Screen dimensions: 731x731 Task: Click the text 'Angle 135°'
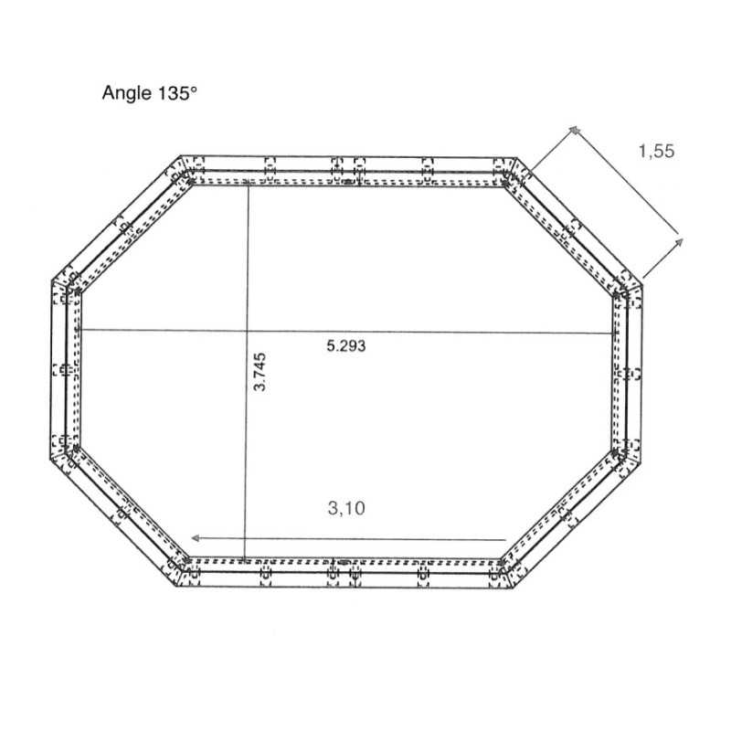click(150, 92)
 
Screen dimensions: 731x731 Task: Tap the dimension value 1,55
click(655, 152)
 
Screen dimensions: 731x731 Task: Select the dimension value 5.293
click(346, 345)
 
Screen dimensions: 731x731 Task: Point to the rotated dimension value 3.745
click(260, 371)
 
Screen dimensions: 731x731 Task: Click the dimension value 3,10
click(348, 508)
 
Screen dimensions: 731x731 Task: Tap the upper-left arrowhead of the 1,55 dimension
click(574, 131)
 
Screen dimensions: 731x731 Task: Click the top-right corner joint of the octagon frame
click(508, 170)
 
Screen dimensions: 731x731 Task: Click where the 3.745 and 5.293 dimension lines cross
click(247, 330)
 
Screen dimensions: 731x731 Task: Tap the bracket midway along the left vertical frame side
click(63, 369)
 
